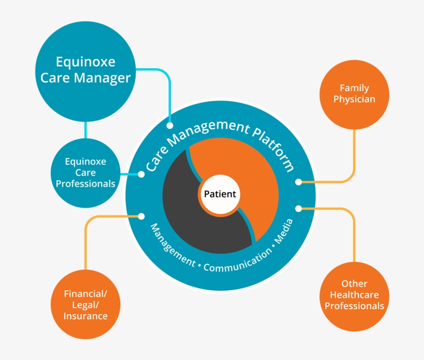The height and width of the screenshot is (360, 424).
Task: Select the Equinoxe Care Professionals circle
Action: point(86,173)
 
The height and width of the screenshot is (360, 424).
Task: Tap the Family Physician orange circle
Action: point(354,94)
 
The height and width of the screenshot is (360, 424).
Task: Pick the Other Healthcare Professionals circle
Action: point(354,295)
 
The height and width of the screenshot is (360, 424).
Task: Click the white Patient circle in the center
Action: point(220,194)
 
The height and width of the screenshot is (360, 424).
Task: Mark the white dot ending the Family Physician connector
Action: point(298,182)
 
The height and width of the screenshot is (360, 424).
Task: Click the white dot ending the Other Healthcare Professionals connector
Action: point(298,208)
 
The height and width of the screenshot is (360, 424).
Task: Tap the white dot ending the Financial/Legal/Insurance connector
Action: point(142,216)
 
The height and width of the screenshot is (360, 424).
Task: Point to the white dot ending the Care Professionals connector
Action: point(142,174)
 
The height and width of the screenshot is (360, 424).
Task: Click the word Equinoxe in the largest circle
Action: point(86,62)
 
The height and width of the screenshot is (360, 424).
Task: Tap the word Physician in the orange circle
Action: point(354,99)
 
